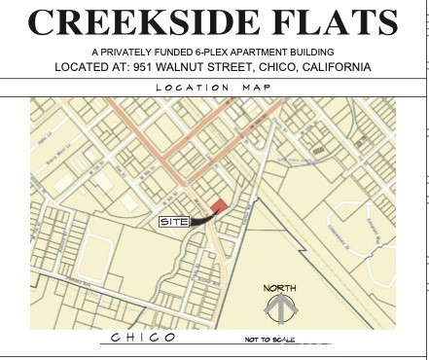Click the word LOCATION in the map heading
tap(190, 87)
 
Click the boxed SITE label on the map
tap(173, 222)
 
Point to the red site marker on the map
tap(220, 205)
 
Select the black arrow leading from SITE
tap(200, 219)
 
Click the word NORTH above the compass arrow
tap(279, 288)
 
